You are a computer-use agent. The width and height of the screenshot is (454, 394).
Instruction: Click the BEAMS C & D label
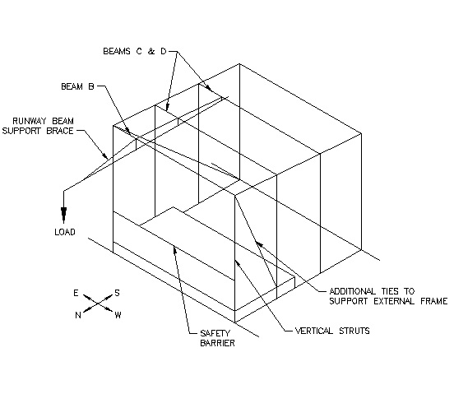coord(135,52)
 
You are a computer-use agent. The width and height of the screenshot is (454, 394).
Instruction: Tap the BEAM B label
coord(77,86)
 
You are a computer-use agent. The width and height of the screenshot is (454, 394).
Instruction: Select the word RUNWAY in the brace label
coord(30,121)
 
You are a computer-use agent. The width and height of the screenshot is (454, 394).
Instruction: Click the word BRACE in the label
coord(60,131)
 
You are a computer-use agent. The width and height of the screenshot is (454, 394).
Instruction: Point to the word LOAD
coord(65,232)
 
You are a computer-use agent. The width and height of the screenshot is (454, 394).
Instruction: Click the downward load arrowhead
coord(63,215)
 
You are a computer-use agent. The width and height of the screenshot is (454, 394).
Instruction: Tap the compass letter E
coord(76,294)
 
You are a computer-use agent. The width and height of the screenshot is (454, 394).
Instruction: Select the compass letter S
coord(117,293)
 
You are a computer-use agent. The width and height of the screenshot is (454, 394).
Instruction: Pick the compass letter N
coord(78,315)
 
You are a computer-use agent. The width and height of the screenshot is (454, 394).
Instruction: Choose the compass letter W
coord(118,315)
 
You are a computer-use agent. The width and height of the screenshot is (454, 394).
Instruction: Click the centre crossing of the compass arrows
coord(98,304)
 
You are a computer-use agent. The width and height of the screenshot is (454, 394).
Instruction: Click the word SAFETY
coord(215,333)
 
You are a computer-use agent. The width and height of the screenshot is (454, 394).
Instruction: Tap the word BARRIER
coord(217,343)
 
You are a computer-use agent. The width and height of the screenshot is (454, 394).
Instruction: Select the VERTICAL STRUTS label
coord(332,331)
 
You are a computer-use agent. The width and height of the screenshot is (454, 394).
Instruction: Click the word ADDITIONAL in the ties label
coord(352,291)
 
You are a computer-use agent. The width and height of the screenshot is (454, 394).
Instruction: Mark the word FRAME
coord(434,301)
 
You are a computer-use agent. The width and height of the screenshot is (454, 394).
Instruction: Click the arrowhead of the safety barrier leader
coord(174,249)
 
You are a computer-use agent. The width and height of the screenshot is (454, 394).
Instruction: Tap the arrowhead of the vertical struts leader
coord(238,263)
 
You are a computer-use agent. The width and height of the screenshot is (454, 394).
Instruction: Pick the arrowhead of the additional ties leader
coord(259,244)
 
